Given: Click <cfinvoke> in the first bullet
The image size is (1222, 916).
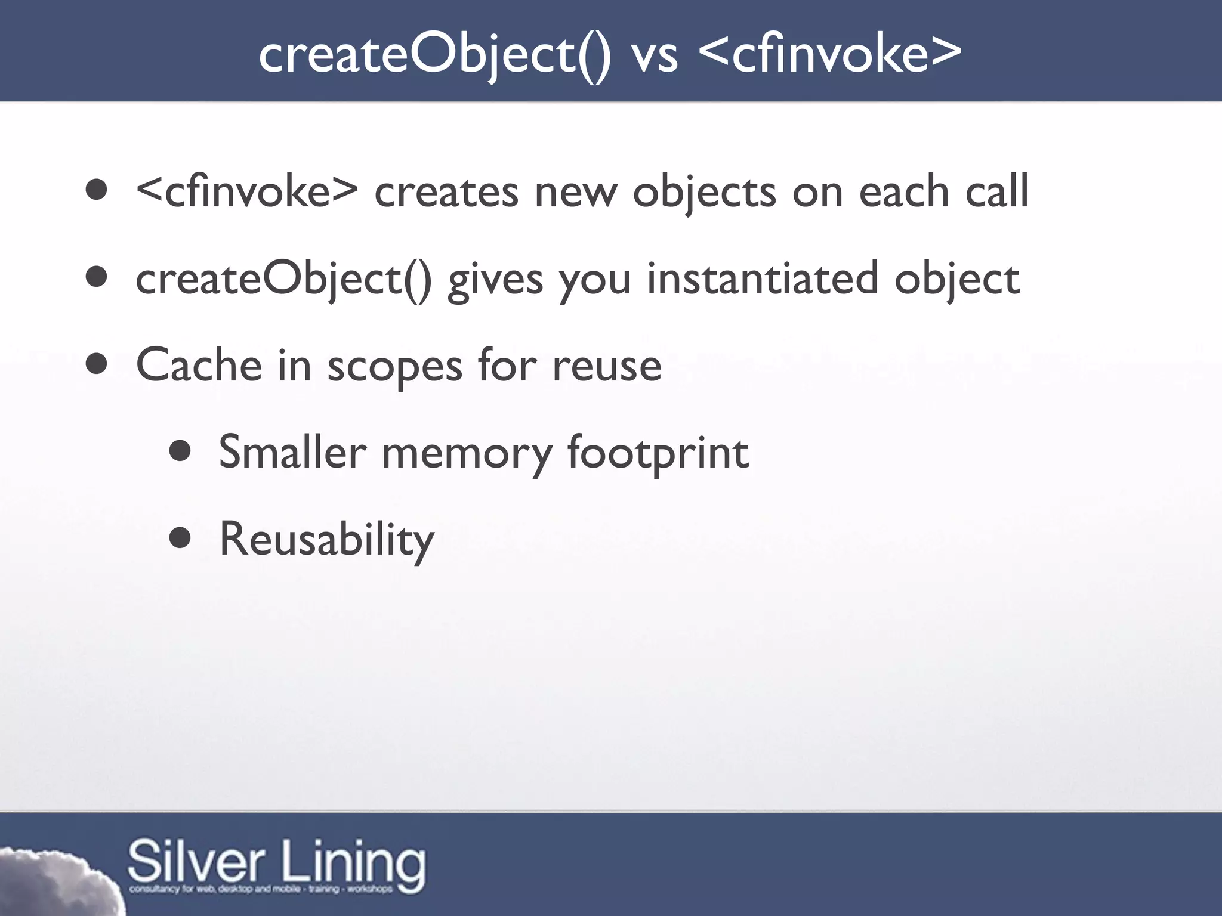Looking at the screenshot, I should click(246, 191).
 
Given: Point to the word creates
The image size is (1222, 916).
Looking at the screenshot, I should click(446, 193).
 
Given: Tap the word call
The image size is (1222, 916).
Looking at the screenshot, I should click(997, 191).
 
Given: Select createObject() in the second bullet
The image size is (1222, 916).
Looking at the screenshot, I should click(283, 279).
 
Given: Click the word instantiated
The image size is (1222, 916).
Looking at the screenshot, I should click(763, 278).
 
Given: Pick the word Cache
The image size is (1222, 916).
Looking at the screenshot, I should click(199, 365).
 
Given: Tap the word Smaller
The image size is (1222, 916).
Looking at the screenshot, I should click(292, 452).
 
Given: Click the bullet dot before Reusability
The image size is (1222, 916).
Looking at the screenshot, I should click(180, 539).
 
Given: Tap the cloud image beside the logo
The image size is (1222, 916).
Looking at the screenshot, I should click(54, 883).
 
